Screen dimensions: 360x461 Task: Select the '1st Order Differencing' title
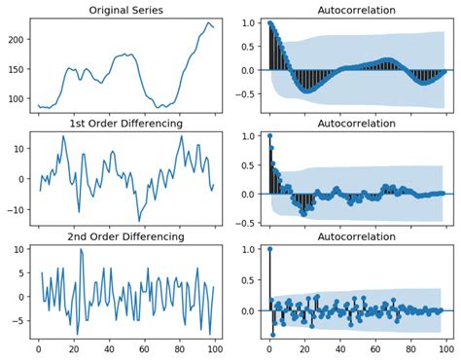point(124,124)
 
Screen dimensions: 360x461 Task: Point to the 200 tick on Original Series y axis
point(18,40)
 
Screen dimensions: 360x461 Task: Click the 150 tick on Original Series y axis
point(18,70)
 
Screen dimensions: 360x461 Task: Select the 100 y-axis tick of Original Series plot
point(18,99)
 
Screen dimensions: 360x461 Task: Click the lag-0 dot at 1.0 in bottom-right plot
point(270,249)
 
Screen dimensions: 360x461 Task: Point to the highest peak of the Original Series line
point(208,21)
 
